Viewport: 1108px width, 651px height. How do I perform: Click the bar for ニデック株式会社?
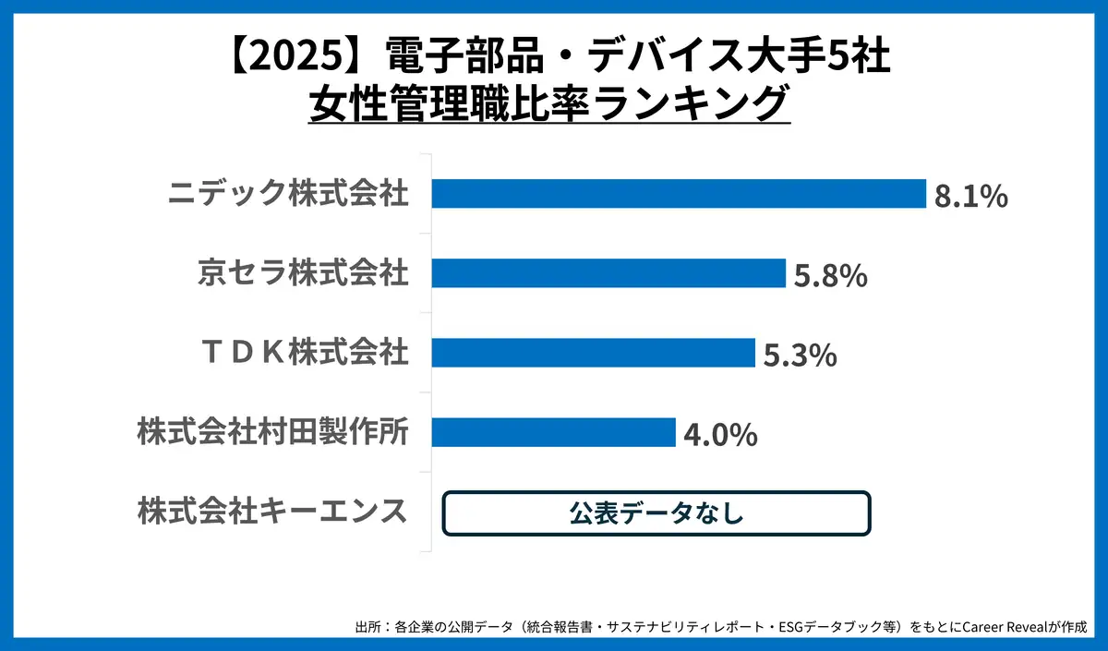point(679,194)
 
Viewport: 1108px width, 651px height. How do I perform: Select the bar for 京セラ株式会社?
point(608,273)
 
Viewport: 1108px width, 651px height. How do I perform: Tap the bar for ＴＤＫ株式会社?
point(594,353)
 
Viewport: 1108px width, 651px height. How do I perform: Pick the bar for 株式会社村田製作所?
point(554,432)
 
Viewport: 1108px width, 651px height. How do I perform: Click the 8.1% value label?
point(970,197)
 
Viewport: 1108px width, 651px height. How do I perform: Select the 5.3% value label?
point(801,356)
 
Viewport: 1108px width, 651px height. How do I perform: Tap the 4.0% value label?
point(720,435)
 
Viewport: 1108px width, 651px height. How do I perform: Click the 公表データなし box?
point(656,513)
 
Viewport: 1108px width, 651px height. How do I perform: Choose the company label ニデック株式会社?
point(288,195)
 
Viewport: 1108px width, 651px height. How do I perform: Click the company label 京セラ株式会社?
point(303,274)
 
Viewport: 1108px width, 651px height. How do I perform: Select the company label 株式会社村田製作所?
point(273,433)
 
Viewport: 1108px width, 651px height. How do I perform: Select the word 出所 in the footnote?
point(367,627)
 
